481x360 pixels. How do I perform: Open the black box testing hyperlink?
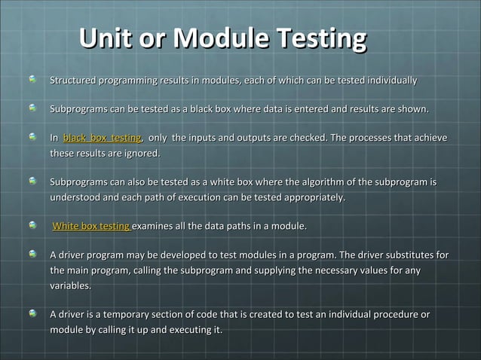pos(103,138)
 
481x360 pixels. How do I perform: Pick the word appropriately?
pos(310,197)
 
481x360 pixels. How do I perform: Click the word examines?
pos(158,226)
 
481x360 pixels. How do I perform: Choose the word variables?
pos(71,285)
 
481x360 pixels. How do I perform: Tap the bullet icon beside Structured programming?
pos(32,79)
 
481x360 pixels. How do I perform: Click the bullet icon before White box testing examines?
pos(32,225)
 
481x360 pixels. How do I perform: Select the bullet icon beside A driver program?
pos(32,255)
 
